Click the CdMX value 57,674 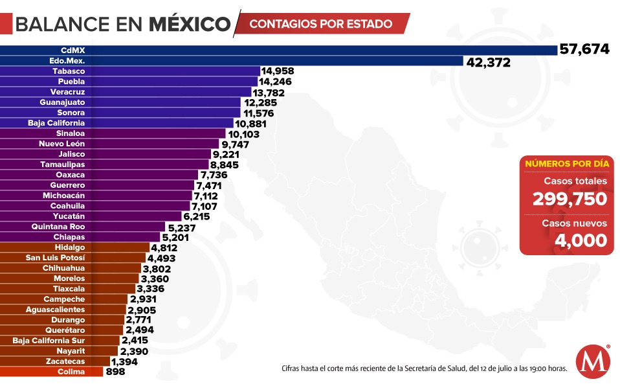[584, 49]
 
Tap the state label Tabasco [69, 71]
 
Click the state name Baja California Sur [49, 341]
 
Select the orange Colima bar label [70, 372]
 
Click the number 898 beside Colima [114, 372]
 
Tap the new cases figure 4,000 [581, 240]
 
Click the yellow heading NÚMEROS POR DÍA [566, 164]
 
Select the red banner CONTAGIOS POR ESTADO [321, 24]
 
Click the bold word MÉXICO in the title [190, 25]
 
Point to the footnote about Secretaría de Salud [425, 369]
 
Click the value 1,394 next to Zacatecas [124, 361]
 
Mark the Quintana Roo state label [58, 227]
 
